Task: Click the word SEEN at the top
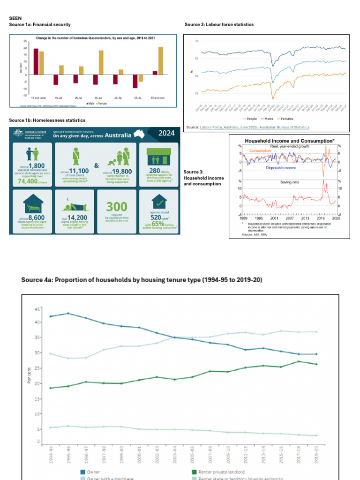[x=15, y=18]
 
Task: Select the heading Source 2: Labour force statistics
[x=219, y=24]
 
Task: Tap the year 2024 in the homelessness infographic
[x=166, y=133]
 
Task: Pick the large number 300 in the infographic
[x=117, y=207]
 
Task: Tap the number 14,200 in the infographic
[x=75, y=217]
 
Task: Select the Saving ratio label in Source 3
[x=289, y=182]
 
